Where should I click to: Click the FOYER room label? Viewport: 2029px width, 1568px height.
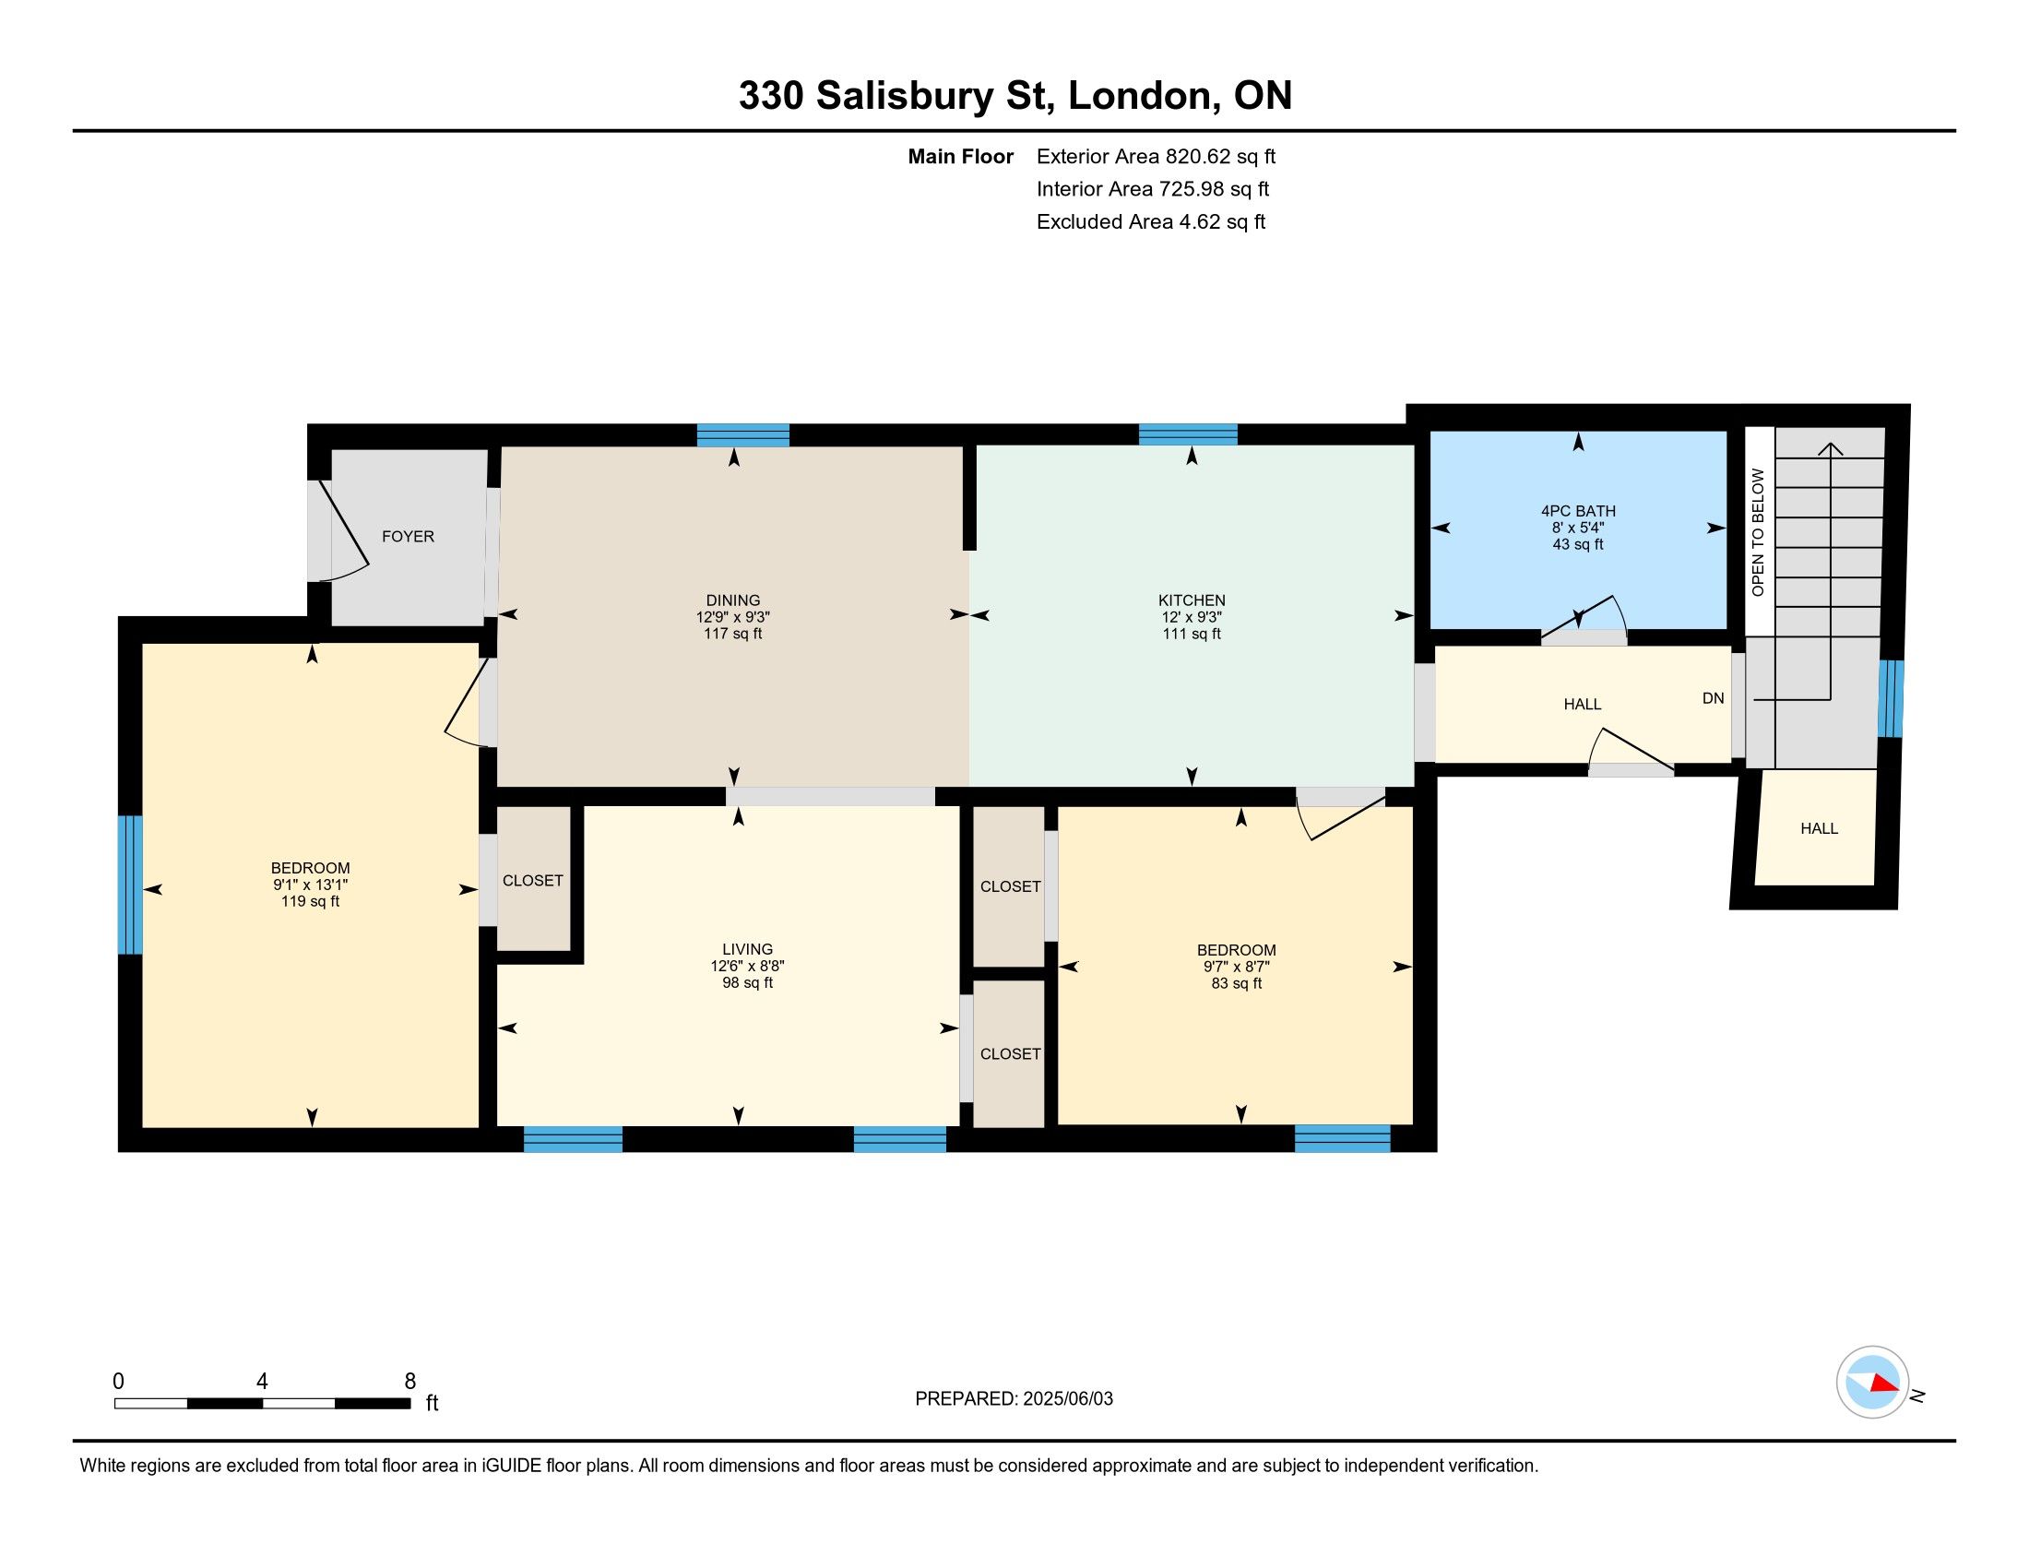pos(408,536)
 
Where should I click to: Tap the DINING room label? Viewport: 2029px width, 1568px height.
pos(733,600)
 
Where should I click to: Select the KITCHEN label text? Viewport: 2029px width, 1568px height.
pos(1192,600)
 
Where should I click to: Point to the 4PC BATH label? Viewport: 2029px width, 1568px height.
pos(1578,511)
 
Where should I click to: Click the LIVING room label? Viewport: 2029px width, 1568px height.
pos(748,949)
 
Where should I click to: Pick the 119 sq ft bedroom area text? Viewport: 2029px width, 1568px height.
pos(310,901)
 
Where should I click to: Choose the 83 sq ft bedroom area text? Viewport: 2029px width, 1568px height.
pos(1237,983)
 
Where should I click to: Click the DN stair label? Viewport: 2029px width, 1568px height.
pos(1714,698)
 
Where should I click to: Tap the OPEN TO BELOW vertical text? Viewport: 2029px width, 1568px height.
pos(1758,532)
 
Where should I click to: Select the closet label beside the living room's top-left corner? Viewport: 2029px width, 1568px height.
pos(533,881)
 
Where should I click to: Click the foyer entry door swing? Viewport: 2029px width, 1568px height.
pos(340,532)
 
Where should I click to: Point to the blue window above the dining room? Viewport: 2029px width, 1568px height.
pos(743,434)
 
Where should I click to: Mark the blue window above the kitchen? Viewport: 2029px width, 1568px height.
pos(1188,434)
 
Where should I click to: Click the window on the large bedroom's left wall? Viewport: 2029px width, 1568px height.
pos(130,885)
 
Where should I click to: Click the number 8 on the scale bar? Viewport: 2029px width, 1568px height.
pos(409,1382)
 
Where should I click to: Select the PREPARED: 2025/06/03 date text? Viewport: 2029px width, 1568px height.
pos(1014,1398)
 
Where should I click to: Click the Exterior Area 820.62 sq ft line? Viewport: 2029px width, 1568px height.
pos(1156,156)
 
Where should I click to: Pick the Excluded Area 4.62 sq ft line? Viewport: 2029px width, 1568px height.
pos(1151,221)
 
